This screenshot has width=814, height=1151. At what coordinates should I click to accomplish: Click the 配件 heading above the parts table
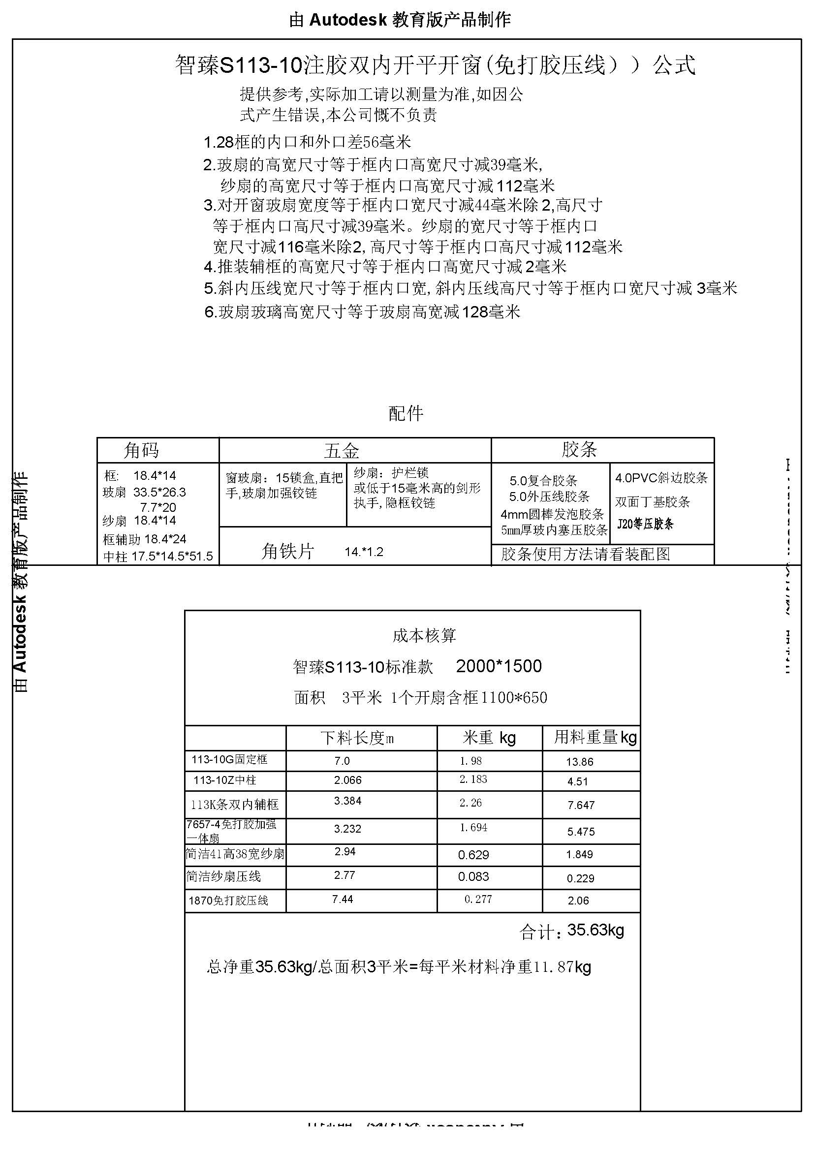(x=406, y=413)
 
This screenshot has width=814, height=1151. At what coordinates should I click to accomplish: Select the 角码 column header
(x=141, y=450)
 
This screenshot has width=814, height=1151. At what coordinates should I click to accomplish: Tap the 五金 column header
(x=342, y=451)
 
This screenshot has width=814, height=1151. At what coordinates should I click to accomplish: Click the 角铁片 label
(x=288, y=552)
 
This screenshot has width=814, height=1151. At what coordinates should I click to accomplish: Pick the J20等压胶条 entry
(x=645, y=525)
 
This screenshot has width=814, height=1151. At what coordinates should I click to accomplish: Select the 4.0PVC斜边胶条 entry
(x=661, y=478)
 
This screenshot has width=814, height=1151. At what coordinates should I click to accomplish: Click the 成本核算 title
(x=424, y=636)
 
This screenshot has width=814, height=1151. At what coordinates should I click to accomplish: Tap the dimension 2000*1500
(x=499, y=666)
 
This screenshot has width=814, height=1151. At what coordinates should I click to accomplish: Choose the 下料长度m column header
(x=357, y=738)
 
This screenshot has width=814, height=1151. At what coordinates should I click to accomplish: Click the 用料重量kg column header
(x=595, y=737)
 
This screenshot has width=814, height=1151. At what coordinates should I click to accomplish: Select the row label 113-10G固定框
(x=229, y=759)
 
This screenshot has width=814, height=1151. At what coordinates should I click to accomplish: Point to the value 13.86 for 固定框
(x=579, y=762)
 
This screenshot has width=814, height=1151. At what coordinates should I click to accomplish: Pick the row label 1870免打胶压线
(x=228, y=901)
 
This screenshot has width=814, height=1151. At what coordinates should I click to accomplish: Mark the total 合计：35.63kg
(x=571, y=931)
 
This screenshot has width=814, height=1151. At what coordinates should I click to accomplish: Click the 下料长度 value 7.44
(x=343, y=900)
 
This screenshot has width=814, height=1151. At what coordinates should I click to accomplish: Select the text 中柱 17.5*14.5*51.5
(x=158, y=557)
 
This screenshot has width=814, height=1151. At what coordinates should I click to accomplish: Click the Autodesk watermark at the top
(x=400, y=20)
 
